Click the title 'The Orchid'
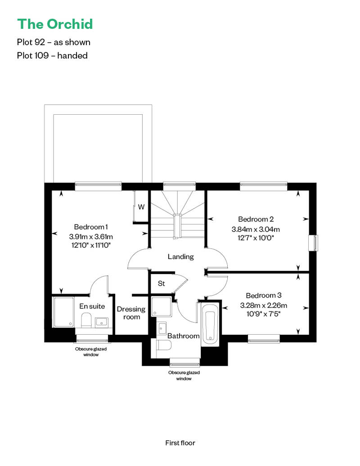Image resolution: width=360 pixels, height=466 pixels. click(55, 24)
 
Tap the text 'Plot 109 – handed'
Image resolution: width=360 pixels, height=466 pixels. click(52, 56)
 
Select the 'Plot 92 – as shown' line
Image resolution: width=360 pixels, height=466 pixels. click(54, 42)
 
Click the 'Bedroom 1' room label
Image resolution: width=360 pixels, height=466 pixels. click(91, 227)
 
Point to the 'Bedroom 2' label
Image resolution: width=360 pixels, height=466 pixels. click(256, 220)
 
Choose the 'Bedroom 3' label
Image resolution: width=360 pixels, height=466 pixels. click(264, 296)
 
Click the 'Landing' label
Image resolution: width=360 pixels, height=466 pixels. click(180, 257)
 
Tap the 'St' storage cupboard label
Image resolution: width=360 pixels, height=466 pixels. click(161, 284)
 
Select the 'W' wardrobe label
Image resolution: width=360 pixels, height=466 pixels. click(141, 207)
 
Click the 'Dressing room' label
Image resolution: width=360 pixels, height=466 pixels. click(131, 313)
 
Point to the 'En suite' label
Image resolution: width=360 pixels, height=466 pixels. click(92, 306)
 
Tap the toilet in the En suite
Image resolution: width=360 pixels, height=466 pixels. click(86, 320)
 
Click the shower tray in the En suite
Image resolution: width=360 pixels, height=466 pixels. click(63, 311)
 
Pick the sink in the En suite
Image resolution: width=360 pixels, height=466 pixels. click(102, 321)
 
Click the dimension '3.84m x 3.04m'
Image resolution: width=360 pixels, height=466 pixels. click(256, 229)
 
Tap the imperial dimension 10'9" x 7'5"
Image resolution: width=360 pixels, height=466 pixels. click(264, 314)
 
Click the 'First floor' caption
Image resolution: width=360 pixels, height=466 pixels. click(180, 443)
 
